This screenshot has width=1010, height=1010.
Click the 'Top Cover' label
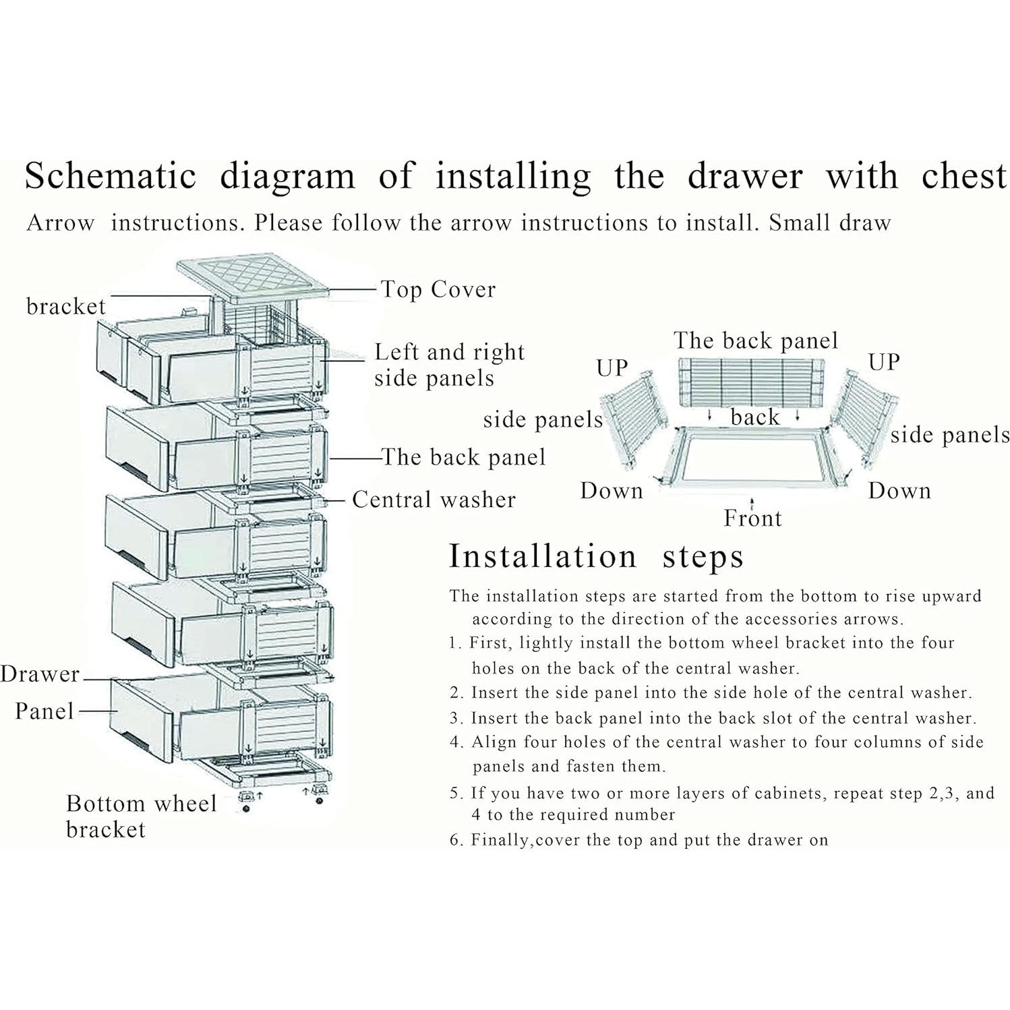[438, 289]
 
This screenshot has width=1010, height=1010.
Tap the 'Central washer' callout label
[434, 500]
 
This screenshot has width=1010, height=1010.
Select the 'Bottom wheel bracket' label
[142, 816]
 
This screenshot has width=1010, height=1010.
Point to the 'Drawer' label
[40, 674]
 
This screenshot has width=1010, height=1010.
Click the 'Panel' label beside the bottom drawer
[44, 711]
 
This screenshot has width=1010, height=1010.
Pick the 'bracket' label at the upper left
[66, 307]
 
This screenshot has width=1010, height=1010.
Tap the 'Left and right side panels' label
[449, 364]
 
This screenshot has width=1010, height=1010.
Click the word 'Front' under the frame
[752, 518]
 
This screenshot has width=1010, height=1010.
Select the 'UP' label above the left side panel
[612, 368]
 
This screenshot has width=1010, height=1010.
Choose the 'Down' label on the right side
[899, 491]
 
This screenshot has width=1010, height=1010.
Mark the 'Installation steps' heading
[596, 557]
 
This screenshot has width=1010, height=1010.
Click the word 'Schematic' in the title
[111, 177]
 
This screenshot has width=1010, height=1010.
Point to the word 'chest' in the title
[964, 177]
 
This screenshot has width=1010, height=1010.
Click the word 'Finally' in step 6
[500, 840]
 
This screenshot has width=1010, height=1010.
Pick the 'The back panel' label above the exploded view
[756, 340]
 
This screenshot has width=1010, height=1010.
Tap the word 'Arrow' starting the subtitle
[61, 223]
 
